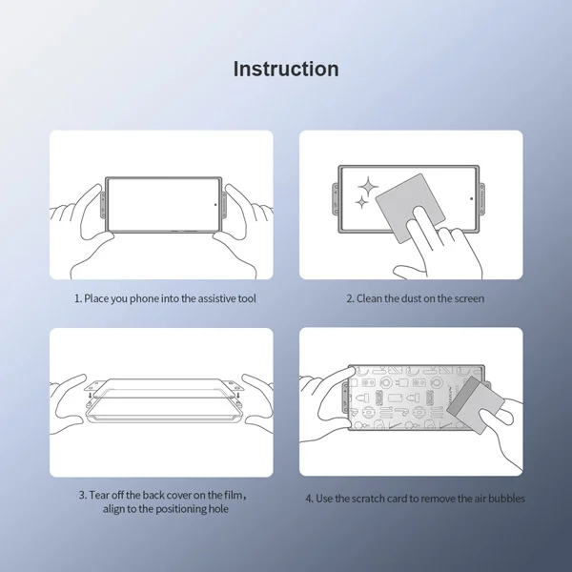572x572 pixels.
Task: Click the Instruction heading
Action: coord(286,70)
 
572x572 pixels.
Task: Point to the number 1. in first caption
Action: coord(78,298)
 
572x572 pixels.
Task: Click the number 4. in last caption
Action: coord(309,498)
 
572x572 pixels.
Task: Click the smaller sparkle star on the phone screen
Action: coord(361,203)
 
